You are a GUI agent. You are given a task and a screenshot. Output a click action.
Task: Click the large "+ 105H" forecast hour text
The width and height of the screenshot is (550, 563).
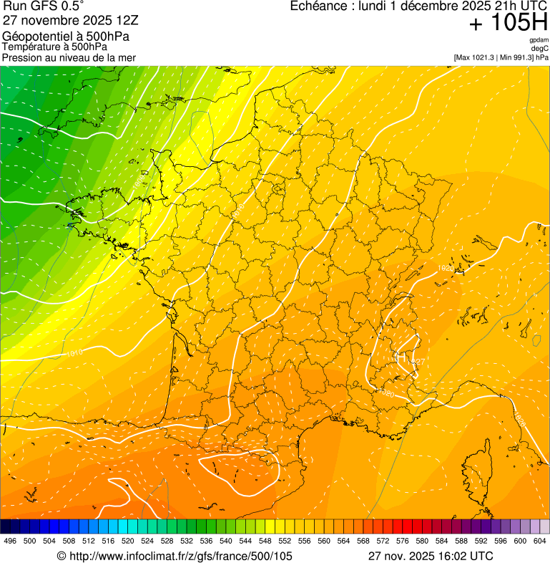pos(508,24)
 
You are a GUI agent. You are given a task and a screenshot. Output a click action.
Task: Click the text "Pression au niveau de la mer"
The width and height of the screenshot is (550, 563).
pos(69,57)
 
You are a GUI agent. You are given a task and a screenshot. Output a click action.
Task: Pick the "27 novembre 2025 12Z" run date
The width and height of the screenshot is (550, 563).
pos(75,20)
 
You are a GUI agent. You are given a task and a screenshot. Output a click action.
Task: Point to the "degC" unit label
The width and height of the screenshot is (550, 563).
pos(539,49)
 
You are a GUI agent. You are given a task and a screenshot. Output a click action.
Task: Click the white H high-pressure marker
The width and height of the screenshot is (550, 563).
pos(401,355)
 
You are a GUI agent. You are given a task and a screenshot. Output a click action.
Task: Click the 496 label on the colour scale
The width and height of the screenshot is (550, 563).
pos(10,541)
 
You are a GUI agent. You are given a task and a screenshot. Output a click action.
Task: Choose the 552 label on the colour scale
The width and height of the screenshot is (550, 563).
pos(284,541)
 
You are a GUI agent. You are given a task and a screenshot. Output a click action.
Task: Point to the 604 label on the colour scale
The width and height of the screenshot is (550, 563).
pos(539,541)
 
